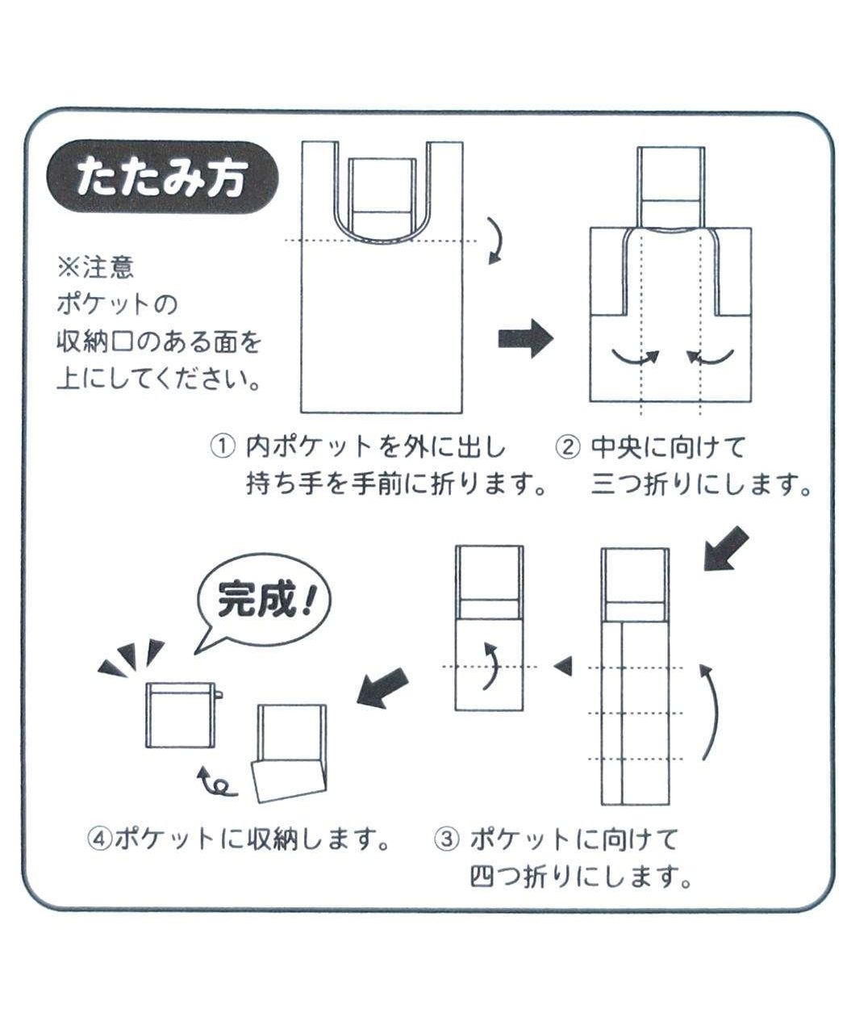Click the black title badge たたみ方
(161, 178)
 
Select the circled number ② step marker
(569, 446)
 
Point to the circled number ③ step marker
(445, 839)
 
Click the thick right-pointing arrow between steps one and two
(525, 338)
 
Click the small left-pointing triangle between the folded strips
(563, 666)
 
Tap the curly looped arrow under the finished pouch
(216, 781)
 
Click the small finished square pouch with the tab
(181, 714)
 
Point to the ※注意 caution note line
(95, 268)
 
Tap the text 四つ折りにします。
(581, 877)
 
